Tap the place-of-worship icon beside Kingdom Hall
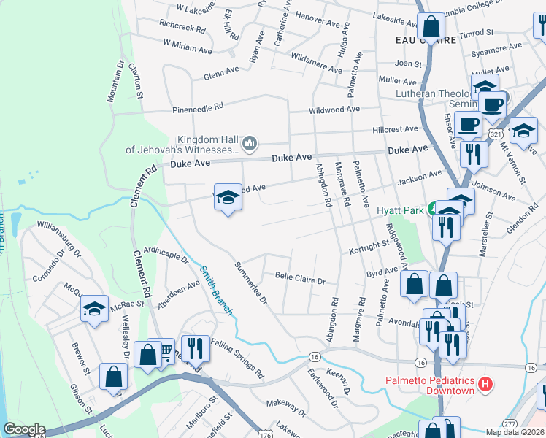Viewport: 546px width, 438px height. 249,141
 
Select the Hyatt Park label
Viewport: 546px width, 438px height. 401,210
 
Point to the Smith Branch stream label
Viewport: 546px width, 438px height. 216,290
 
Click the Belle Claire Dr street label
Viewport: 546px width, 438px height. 299,277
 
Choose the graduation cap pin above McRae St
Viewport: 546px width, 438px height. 95,310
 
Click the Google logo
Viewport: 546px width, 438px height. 24,429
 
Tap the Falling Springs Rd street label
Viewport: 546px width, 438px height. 237,358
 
